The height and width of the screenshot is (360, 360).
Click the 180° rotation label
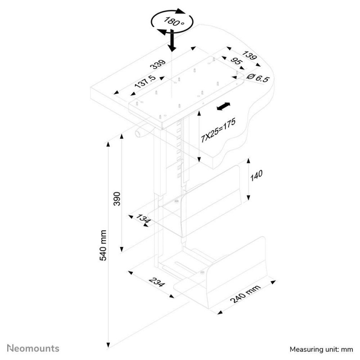click(x=174, y=21)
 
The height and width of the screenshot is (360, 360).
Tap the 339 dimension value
click(x=158, y=64)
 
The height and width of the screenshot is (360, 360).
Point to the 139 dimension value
click(x=250, y=55)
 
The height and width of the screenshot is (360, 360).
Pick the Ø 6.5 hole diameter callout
click(x=257, y=78)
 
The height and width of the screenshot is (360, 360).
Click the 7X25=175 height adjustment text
click(x=218, y=130)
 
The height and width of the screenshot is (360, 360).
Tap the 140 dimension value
click(x=256, y=175)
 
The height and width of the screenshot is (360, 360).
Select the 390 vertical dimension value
click(x=117, y=199)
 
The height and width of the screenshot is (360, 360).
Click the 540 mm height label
click(x=103, y=245)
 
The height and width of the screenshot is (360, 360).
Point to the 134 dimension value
click(x=144, y=218)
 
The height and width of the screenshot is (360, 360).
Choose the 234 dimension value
click(x=157, y=282)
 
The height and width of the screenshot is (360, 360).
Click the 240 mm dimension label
click(x=245, y=293)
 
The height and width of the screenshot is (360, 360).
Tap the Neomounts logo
click(x=33, y=348)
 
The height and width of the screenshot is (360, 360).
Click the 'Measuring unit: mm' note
click(x=321, y=350)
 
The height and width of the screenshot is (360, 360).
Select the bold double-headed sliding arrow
click(x=223, y=107)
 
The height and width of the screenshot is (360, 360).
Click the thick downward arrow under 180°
click(x=172, y=40)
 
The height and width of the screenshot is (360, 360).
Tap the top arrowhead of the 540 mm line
click(x=108, y=144)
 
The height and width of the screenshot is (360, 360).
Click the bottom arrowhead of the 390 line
click(x=121, y=249)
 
